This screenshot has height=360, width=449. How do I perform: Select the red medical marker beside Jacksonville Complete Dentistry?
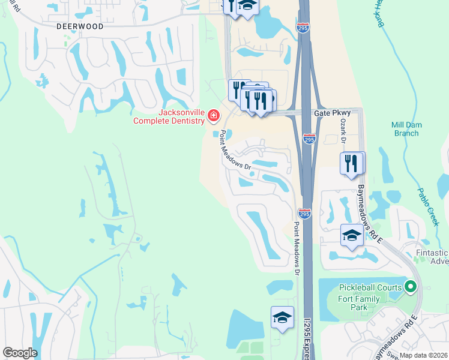213,114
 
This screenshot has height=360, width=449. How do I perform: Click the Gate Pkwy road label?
328,113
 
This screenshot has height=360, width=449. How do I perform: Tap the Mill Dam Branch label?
405,128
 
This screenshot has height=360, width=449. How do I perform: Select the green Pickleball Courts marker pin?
411,287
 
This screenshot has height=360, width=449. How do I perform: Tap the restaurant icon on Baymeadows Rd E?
352,163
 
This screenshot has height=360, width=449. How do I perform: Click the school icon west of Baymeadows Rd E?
352,235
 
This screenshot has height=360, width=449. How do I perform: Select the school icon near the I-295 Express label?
282,318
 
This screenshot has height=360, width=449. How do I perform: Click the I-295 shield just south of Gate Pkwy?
309,139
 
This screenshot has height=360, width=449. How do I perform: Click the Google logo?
20,353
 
